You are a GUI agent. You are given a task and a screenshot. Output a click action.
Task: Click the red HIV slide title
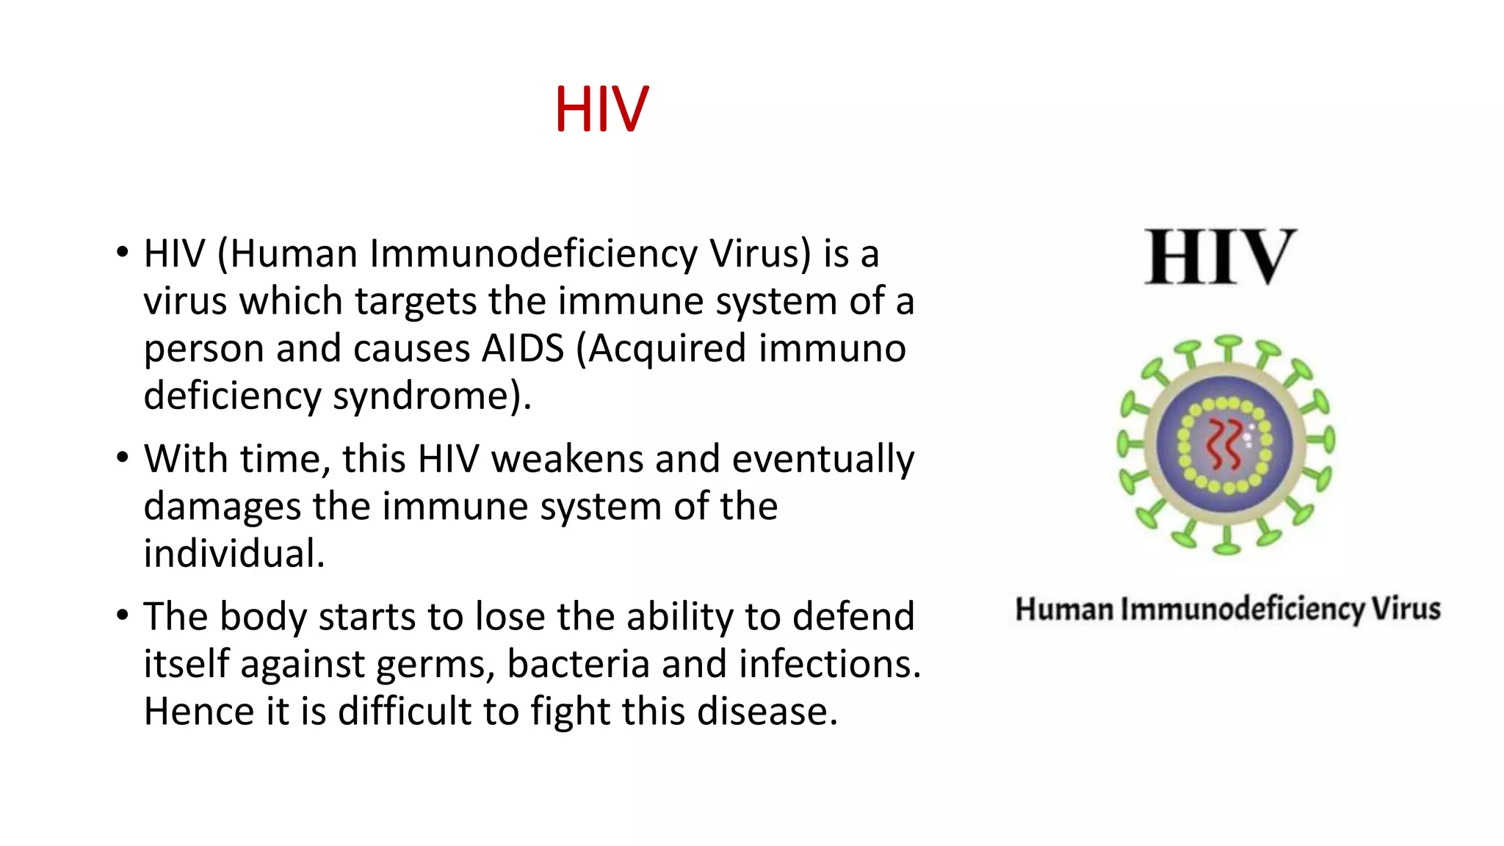601,109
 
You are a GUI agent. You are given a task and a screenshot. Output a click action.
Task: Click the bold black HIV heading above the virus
1221,256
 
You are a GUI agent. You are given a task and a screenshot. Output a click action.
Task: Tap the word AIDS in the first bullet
522,348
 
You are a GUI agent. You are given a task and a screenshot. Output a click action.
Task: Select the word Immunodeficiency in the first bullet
533,254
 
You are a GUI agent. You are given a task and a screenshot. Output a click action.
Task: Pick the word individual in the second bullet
234,554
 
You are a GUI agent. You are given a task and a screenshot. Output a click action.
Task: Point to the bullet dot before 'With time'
122,458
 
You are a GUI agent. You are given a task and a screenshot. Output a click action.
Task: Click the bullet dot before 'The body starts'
122,615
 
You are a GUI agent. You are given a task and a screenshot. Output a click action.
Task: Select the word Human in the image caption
1064,610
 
